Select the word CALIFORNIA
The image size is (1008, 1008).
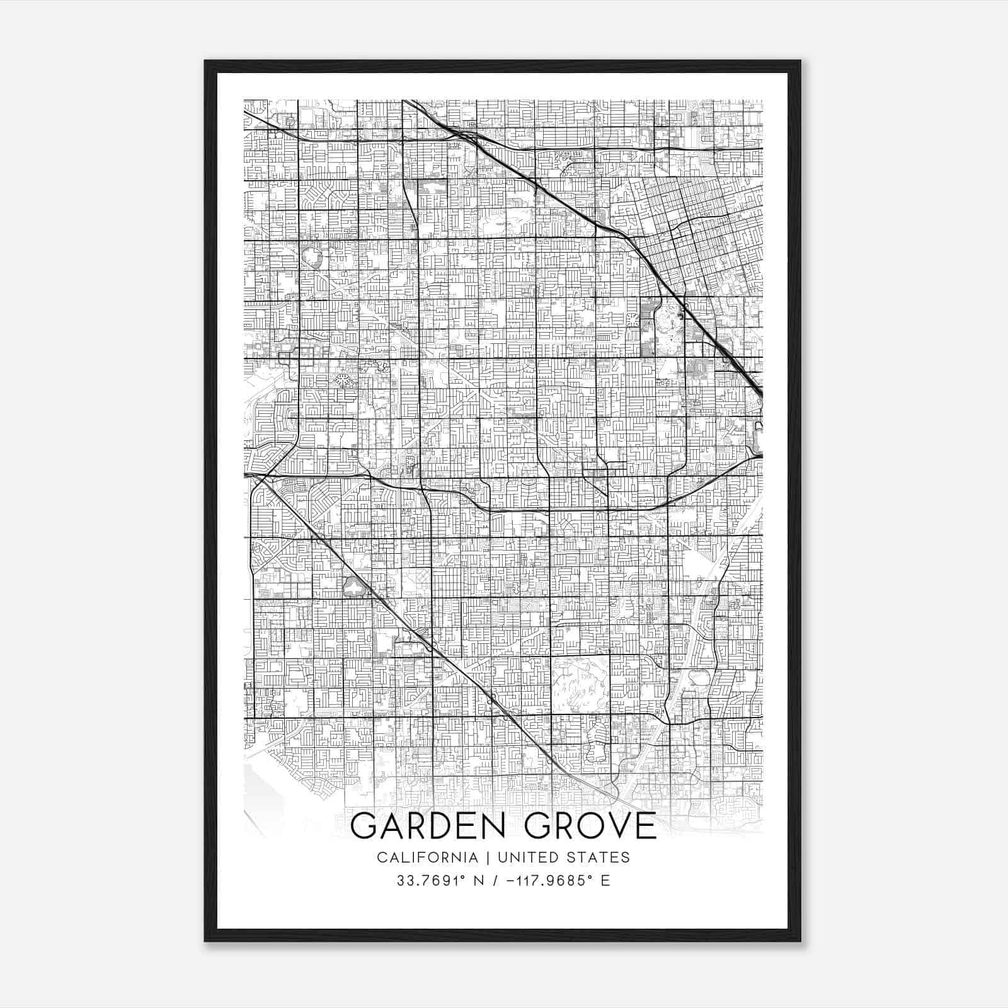click(427, 857)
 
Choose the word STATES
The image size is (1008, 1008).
click(599, 857)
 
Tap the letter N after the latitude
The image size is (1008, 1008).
click(479, 881)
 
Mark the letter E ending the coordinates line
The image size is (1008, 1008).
click(605, 881)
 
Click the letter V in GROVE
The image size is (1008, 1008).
click(614, 826)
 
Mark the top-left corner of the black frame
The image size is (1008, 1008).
click(205, 61)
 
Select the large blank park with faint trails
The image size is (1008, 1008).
click(580, 684)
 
